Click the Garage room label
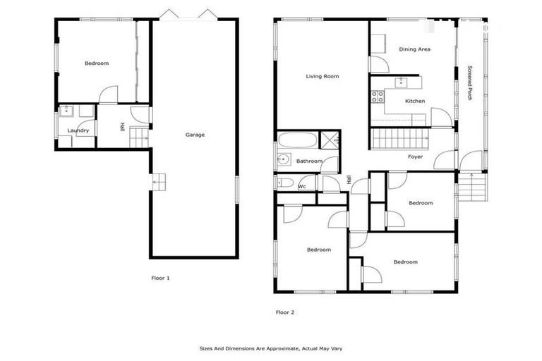tap(195, 135)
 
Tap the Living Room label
tap(323, 76)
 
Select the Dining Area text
tap(414, 49)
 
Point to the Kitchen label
tap(415, 102)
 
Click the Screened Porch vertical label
tap(470, 83)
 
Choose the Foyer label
tap(415, 157)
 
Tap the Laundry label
tap(78, 130)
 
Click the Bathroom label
tap(309, 161)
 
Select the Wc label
tap(301, 186)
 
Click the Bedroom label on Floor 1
tap(97, 63)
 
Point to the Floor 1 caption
tap(160, 278)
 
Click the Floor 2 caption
tap(285, 311)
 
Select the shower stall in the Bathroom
tap(330, 140)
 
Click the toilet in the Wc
tap(285, 183)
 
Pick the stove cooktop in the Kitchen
tap(378, 97)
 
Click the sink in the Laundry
tap(66, 111)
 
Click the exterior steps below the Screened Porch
tap(471, 188)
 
